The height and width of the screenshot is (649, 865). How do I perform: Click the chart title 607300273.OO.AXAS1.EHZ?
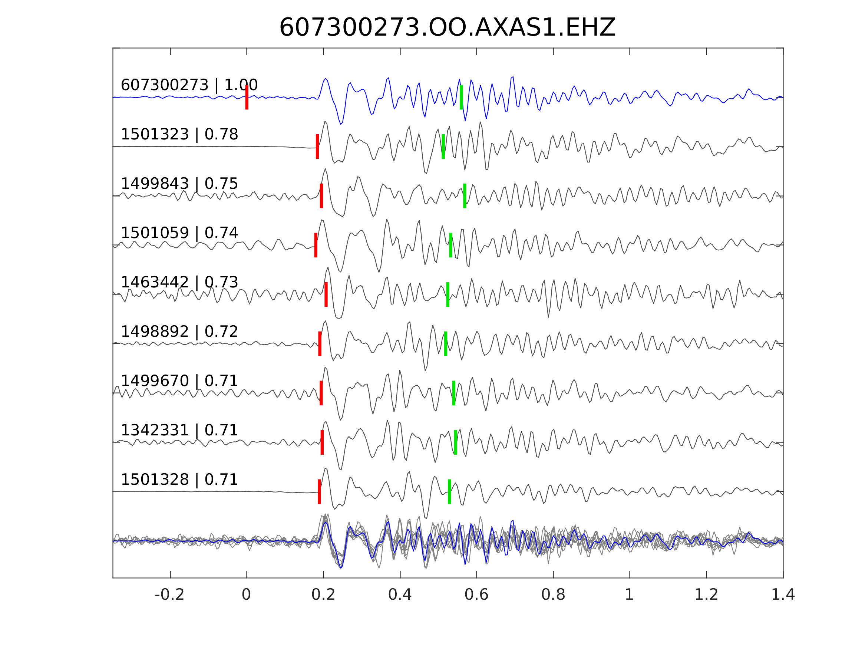point(447,28)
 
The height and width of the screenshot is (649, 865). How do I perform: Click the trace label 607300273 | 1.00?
point(189,85)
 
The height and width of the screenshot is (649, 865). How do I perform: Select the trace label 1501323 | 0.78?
point(179,134)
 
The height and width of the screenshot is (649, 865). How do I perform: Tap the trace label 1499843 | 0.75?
point(179,184)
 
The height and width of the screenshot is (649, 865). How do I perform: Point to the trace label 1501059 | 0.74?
point(179,233)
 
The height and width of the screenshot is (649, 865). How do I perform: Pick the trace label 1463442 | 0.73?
point(179,282)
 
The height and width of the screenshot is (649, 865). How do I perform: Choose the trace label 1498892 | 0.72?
point(179,331)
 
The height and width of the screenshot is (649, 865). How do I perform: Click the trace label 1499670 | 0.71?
point(179,380)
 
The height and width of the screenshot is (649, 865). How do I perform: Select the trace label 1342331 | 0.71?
point(179,430)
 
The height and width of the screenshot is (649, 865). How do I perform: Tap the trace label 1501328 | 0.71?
point(179,479)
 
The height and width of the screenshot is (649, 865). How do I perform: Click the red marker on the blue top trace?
point(247,97)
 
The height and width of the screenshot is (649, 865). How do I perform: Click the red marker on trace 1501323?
point(317,146)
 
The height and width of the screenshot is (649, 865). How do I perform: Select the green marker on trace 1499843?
point(465,195)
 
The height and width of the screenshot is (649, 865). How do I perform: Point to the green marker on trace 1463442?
point(448,294)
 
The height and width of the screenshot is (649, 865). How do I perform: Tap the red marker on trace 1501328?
point(319,491)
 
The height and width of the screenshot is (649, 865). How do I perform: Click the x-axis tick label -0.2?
point(169,594)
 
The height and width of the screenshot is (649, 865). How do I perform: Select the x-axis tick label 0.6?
point(476,594)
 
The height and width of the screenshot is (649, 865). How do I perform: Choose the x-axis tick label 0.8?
point(553,594)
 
